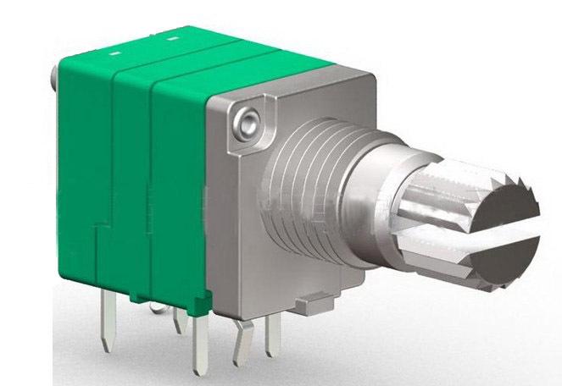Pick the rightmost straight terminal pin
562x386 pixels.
(273, 334)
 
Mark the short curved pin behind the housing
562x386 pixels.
(178, 322)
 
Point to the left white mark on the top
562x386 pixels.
(114, 52)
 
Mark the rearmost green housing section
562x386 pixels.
(85, 169)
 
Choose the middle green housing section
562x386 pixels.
(131, 178)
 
